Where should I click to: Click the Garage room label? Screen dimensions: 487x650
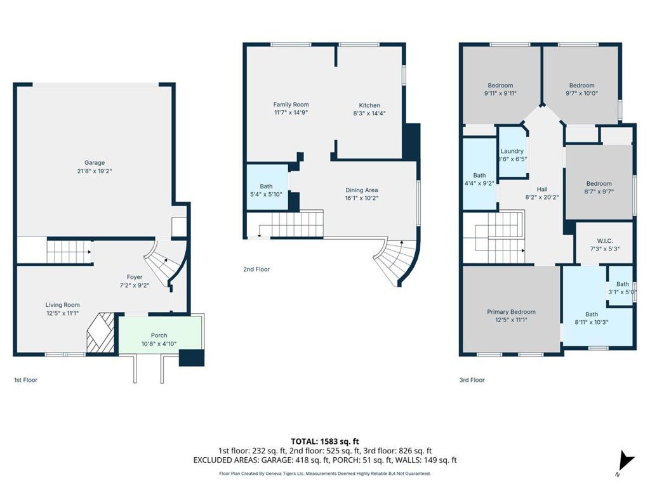(x=95, y=162)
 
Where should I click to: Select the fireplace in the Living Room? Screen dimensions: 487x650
(x=100, y=333)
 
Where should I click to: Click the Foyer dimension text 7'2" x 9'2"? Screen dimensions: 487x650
(x=134, y=285)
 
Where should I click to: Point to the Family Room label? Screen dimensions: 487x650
(x=291, y=105)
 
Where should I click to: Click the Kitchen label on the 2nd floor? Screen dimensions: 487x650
(x=369, y=105)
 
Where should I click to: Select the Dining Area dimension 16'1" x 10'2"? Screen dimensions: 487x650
(x=361, y=198)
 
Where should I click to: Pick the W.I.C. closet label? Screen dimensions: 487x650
(x=604, y=240)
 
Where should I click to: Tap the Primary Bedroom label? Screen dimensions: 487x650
(x=511, y=312)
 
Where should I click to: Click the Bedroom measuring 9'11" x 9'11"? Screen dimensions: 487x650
(x=500, y=89)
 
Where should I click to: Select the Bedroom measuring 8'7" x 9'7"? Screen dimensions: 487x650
(x=599, y=188)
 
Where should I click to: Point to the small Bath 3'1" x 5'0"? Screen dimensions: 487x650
(x=621, y=288)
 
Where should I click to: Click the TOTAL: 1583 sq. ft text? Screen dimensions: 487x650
(x=324, y=441)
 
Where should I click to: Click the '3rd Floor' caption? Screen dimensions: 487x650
(x=472, y=380)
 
